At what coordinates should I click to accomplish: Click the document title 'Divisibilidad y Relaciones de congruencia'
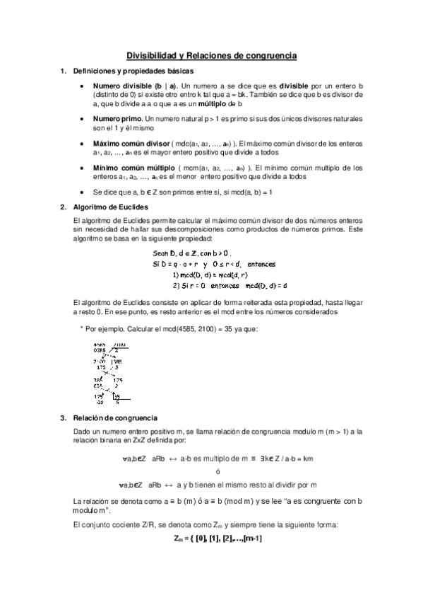click(x=211, y=54)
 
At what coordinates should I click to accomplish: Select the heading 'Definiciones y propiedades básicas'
click(x=130, y=71)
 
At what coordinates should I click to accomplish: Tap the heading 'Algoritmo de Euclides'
click(x=107, y=207)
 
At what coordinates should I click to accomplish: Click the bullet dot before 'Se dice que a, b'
click(x=84, y=192)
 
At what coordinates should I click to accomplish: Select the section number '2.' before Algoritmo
click(x=64, y=207)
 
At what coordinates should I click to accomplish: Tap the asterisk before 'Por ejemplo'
click(x=82, y=328)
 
